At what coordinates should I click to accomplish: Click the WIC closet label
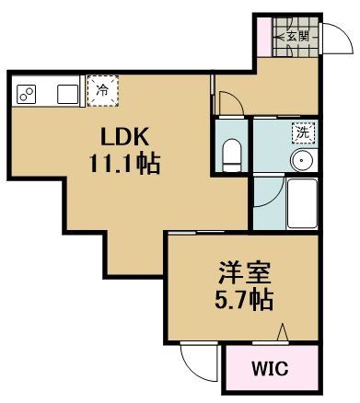click(269, 371)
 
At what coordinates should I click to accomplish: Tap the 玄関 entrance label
click(296, 37)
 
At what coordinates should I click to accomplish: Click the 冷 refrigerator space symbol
click(103, 90)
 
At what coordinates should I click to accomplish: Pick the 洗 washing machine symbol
click(302, 132)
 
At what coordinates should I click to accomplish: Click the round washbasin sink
click(301, 159)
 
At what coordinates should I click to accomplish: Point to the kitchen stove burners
click(28, 95)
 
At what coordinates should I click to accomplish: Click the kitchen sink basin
click(67, 95)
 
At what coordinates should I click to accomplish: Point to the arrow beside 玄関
click(279, 37)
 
